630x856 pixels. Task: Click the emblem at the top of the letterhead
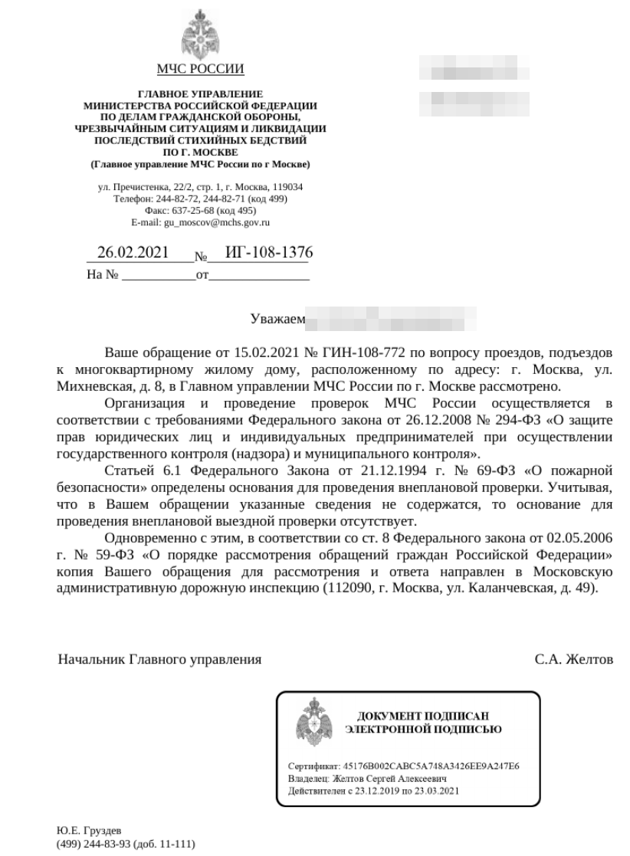click(x=200, y=32)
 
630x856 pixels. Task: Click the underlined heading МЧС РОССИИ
click(x=200, y=71)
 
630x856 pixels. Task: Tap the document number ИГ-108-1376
click(x=261, y=254)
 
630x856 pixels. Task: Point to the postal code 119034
click(x=287, y=187)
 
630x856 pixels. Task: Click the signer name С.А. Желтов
click(x=573, y=659)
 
